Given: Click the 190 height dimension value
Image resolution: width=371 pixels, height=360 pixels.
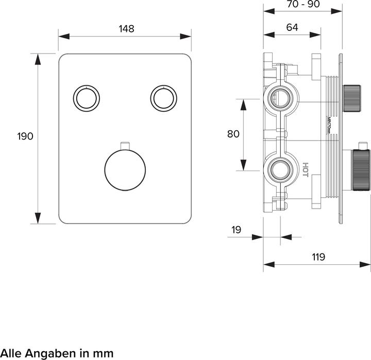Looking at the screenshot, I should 25,136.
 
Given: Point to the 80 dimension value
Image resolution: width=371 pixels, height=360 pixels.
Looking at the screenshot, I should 233,134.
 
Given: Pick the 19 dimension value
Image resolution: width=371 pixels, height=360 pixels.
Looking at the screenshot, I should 236,230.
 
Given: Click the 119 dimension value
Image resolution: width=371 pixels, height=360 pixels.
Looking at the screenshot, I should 318,257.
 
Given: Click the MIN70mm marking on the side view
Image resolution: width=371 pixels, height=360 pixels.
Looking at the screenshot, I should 328,124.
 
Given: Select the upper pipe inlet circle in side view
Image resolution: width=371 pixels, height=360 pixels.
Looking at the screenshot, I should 279,96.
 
